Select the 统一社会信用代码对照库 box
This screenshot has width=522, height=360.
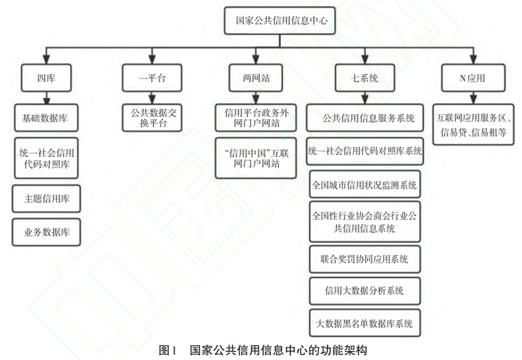(46, 159)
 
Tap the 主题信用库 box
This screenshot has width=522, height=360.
(46, 199)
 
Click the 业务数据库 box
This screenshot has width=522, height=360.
(46, 231)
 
